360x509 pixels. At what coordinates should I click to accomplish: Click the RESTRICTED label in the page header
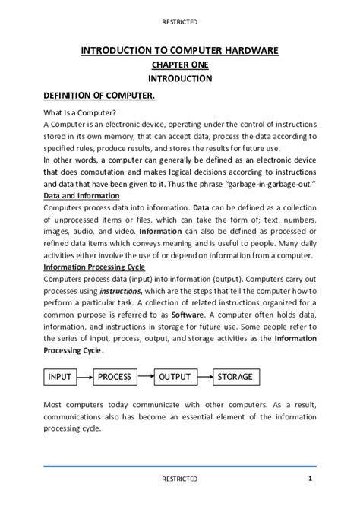(180, 22)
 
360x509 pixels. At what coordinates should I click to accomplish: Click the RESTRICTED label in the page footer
(180, 479)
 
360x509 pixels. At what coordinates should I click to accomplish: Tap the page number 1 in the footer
(311, 478)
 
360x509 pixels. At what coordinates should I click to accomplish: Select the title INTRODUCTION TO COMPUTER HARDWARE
(180, 51)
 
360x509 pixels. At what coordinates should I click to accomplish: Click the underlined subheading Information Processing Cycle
(93, 267)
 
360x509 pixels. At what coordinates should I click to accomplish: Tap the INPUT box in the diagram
(60, 377)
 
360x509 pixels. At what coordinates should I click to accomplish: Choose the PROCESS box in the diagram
(115, 377)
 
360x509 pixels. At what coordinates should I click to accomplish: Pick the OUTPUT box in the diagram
(175, 377)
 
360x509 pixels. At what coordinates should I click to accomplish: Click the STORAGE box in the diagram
(235, 377)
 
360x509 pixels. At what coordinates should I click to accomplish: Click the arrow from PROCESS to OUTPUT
(145, 377)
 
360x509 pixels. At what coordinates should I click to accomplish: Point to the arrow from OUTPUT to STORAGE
(203, 377)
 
